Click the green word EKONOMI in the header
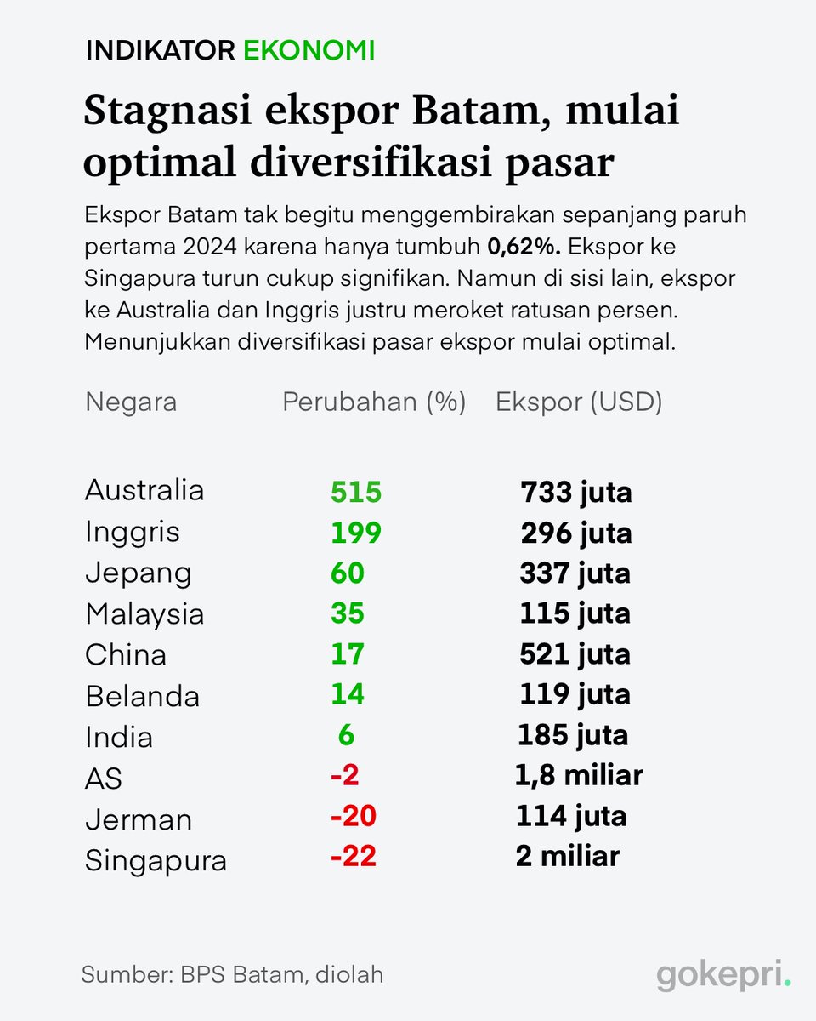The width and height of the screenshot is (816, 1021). pyautogui.click(x=309, y=50)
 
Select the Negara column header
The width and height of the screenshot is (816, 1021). pyautogui.click(x=131, y=402)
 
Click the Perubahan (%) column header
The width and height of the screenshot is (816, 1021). pyautogui.click(x=374, y=402)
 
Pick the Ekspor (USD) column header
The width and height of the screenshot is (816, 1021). pyautogui.click(x=579, y=402)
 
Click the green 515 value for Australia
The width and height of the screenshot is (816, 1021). pyautogui.click(x=356, y=492)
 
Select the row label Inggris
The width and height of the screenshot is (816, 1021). pyautogui.click(x=133, y=533)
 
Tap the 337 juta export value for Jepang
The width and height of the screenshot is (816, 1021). pyautogui.click(x=575, y=573)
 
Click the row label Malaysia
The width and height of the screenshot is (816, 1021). pyautogui.click(x=144, y=614)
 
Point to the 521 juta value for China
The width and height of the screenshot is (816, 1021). pyautogui.click(x=575, y=654)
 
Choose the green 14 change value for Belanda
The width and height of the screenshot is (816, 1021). pyautogui.click(x=348, y=695)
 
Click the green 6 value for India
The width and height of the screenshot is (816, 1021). pyautogui.click(x=346, y=735)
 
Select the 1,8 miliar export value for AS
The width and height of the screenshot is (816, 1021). pyautogui.click(x=578, y=775)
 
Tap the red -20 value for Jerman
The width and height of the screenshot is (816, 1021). pyautogui.click(x=353, y=816)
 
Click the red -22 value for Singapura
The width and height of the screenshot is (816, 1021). pyautogui.click(x=353, y=856)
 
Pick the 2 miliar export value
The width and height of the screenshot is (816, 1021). pyautogui.click(x=567, y=856)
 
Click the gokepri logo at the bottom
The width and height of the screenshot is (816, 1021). pyautogui.click(x=723, y=976)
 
